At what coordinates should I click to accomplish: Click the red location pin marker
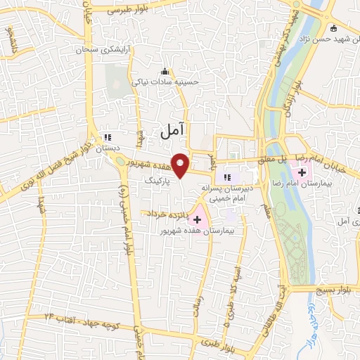click(x=181, y=165)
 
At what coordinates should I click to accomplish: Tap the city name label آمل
click(x=172, y=129)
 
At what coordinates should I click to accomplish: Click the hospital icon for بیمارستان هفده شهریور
click(x=197, y=219)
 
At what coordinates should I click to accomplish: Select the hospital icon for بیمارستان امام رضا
click(x=302, y=173)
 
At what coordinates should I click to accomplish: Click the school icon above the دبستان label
click(x=108, y=139)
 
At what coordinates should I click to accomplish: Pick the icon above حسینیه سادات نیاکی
click(x=165, y=72)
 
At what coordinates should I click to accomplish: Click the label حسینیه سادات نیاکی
click(x=167, y=82)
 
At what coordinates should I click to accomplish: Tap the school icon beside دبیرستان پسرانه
click(x=226, y=177)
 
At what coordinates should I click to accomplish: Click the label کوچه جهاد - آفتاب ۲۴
click(x=84, y=321)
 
